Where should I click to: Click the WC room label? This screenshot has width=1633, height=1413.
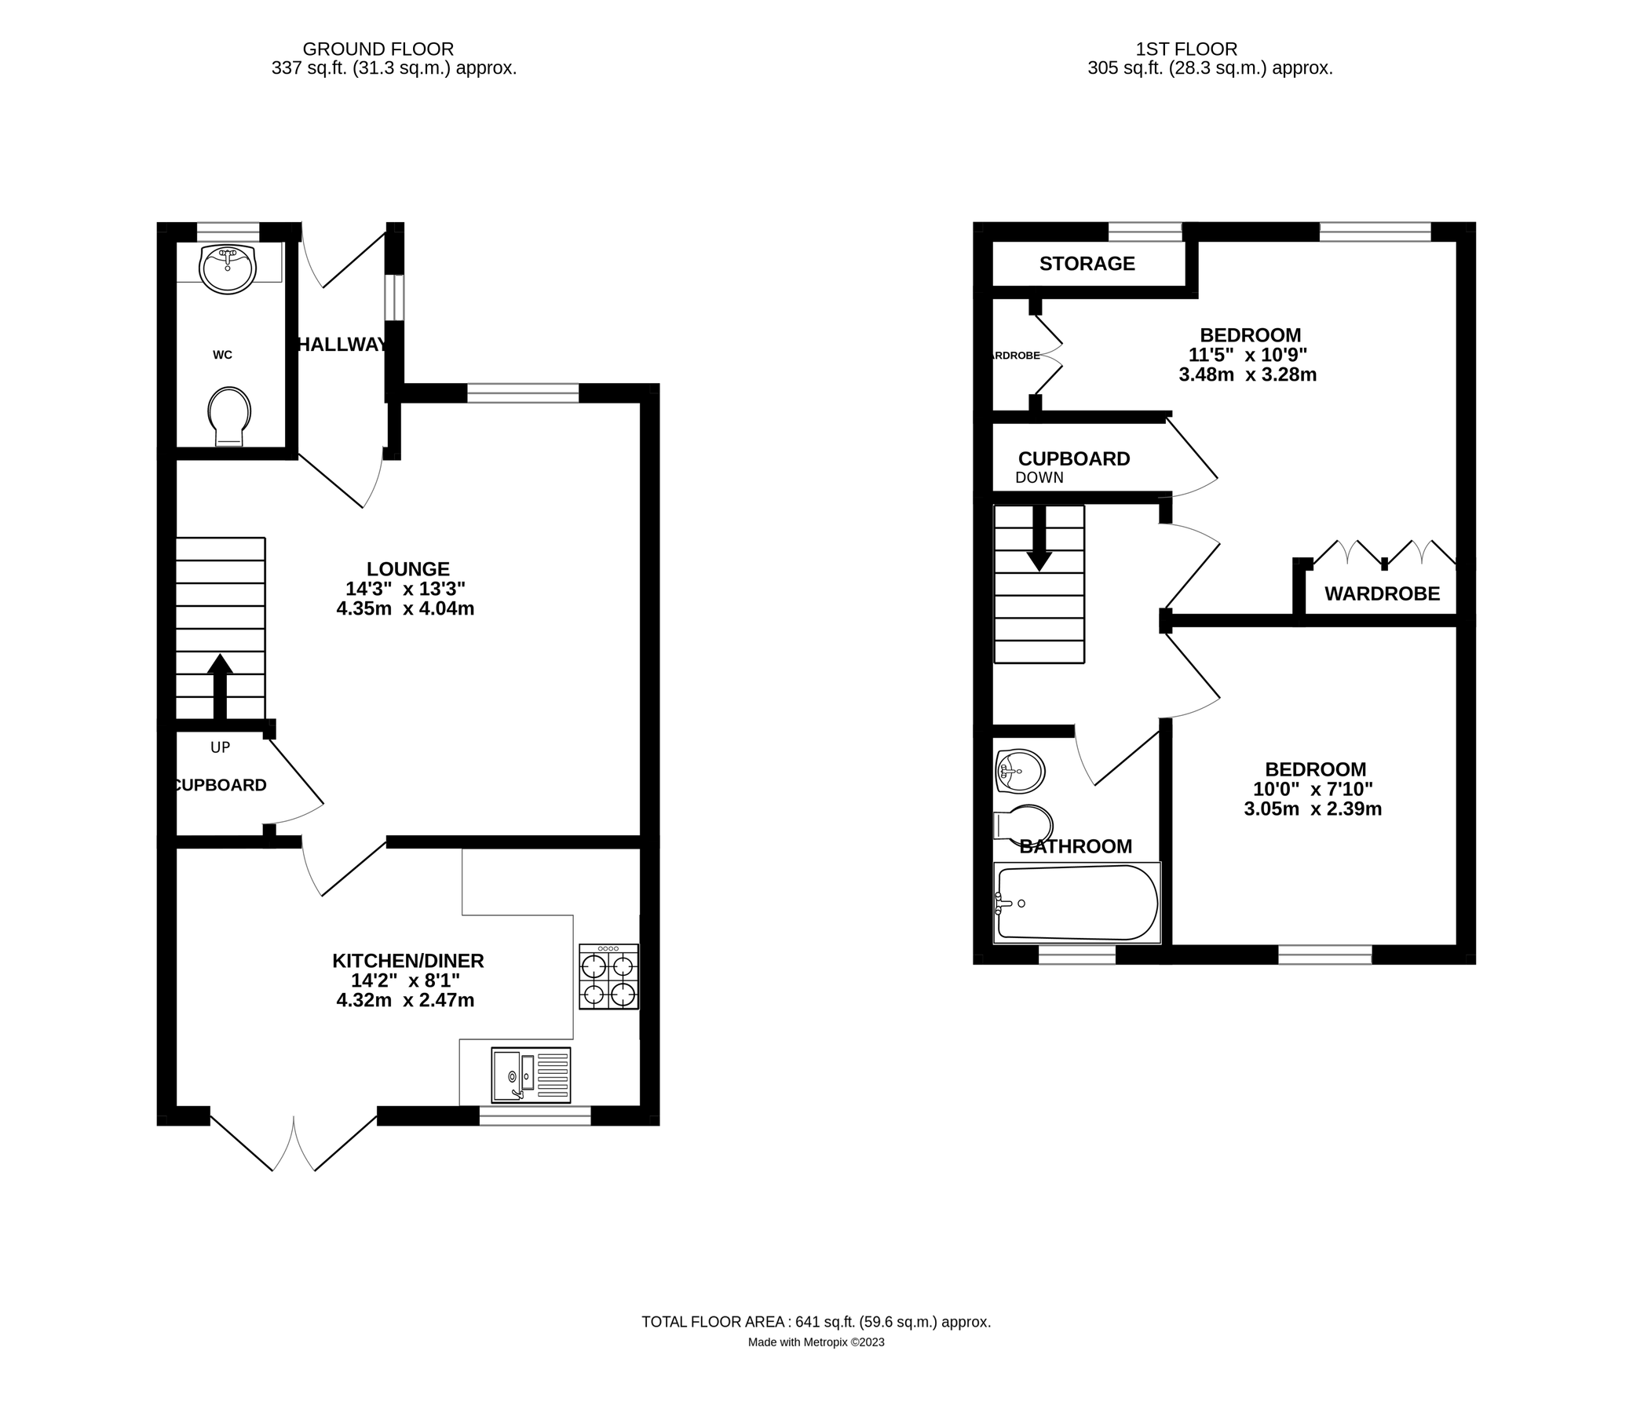click(222, 355)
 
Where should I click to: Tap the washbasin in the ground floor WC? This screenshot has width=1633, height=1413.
click(228, 269)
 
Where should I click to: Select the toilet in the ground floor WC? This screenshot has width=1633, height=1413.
click(229, 415)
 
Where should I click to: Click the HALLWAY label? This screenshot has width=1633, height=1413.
click(342, 345)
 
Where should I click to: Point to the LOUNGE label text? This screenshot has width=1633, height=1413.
click(407, 568)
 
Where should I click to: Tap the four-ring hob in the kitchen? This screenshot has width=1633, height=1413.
click(608, 977)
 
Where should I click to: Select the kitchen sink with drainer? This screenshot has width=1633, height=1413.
click(531, 1075)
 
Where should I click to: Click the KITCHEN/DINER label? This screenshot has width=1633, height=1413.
click(407, 960)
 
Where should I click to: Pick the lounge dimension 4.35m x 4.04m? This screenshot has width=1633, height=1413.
click(405, 608)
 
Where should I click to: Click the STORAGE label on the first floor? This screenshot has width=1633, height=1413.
click(1087, 263)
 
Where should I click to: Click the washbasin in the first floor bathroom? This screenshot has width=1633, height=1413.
click(1021, 770)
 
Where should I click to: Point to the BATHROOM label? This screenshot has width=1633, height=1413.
click(1076, 847)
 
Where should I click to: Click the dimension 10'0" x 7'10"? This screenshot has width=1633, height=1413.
click(1313, 789)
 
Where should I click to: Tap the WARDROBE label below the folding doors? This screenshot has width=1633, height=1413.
click(1382, 593)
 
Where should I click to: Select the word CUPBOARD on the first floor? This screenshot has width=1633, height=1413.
click(1074, 459)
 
